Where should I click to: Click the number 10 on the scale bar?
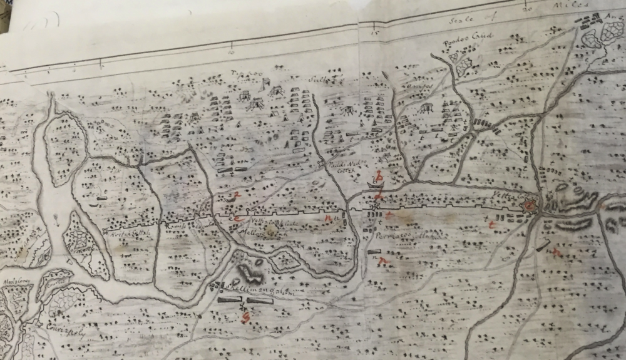(232, 44)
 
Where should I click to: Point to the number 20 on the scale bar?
(526, 9)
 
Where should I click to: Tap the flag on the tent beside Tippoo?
(265, 81)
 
